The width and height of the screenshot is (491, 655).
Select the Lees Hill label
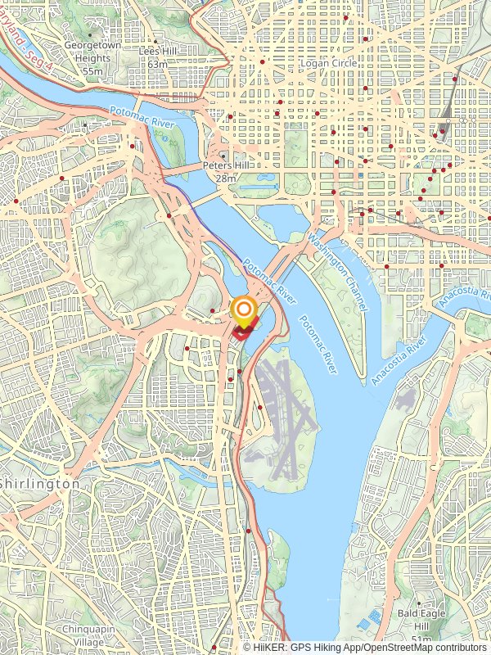[158, 51]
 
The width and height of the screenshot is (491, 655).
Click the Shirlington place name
[41, 484]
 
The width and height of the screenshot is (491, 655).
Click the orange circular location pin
[243, 309]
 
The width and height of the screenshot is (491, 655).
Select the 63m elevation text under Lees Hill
[158, 64]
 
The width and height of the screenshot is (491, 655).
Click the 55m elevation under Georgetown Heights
[92, 71]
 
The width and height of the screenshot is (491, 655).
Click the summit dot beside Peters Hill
[223, 154]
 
